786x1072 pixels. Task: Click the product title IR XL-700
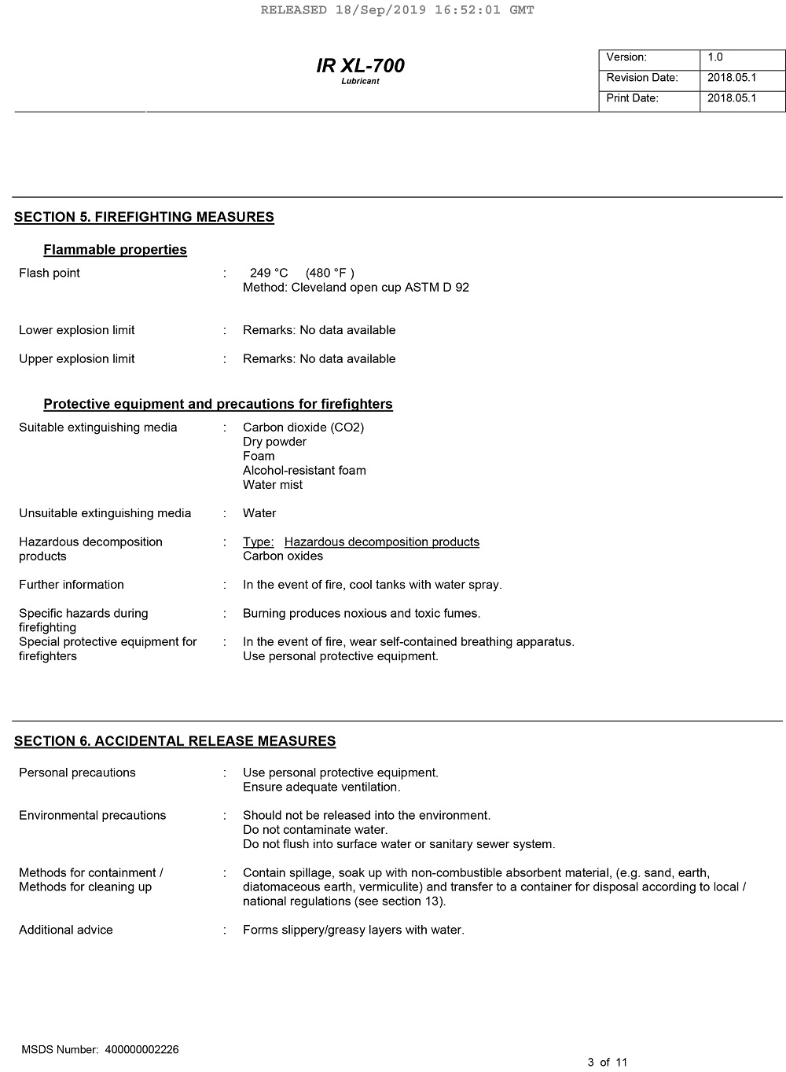tap(360, 65)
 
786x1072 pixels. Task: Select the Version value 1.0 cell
tap(742, 57)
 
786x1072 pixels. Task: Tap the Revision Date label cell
tap(648, 78)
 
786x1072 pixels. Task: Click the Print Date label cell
tap(648, 98)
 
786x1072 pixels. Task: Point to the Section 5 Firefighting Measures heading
tap(144, 217)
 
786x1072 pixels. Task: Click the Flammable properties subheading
tap(115, 250)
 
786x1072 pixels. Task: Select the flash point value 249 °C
tap(269, 273)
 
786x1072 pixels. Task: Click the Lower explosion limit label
tap(76, 330)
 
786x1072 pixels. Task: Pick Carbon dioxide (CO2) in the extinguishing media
tap(303, 428)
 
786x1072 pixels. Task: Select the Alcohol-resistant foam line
tap(304, 471)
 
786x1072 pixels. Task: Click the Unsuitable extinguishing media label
tap(105, 513)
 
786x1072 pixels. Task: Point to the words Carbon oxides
tap(283, 556)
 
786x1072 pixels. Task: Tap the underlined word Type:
tap(258, 542)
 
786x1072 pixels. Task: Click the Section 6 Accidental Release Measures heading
tap(174, 741)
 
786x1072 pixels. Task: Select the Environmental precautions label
tap(92, 816)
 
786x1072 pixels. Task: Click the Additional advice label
tap(66, 930)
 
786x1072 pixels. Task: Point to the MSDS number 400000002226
tap(141, 1050)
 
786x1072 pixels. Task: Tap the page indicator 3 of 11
tap(608, 1063)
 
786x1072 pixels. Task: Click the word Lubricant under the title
tap(360, 82)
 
